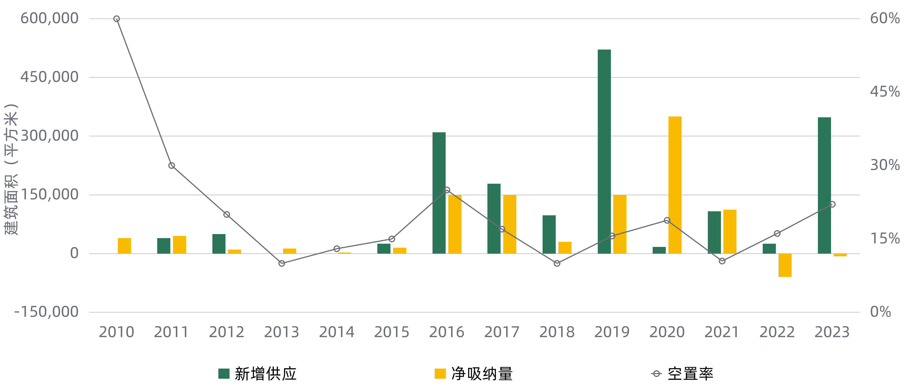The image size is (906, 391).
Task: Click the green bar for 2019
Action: click(x=604, y=151)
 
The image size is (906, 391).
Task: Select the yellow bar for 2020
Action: click(x=675, y=185)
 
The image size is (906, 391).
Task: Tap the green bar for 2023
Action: click(x=824, y=185)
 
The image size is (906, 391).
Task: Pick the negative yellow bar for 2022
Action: click(x=785, y=265)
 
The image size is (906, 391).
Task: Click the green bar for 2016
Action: click(x=439, y=193)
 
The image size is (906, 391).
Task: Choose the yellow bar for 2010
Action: click(x=124, y=246)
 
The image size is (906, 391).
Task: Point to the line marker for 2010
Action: click(x=117, y=19)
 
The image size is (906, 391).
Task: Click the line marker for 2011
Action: click(x=172, y=166)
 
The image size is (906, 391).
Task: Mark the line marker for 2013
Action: click(x=282, y=263)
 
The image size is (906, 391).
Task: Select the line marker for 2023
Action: click(x=832, y=204)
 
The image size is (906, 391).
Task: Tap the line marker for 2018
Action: click(x=557, y=263)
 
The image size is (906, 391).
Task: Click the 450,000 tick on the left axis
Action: click(x=49, y=77)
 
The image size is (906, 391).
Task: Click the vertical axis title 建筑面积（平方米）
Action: click(x=11, y=169)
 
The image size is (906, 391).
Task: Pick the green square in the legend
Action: click(x=224, y=373)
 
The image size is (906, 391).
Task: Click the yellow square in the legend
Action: click(x=440, y=373)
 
